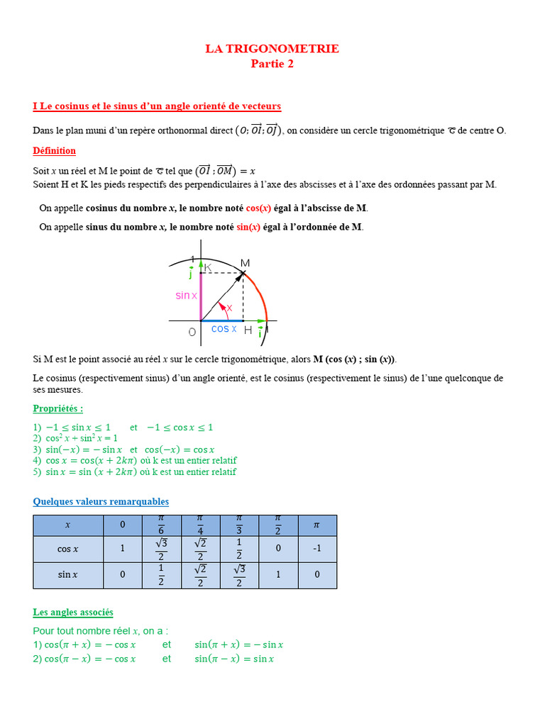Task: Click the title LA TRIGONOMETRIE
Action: click(x=272, y=49)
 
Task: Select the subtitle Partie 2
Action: click(x=272, y=64)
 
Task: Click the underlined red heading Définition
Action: click(x=54, y=151)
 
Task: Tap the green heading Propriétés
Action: click(x=57, y=408)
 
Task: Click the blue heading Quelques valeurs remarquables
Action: click(x=101, y=502)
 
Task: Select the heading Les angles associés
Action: click(x=73, y=612)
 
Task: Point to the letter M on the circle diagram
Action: click(x=245, y=263)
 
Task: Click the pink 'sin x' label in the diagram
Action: click(x=187, y=296)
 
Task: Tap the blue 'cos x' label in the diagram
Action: click(x=224, y=329)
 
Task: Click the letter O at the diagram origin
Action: click(x=192, y=332)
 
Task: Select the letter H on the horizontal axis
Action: click(x=248, y=330)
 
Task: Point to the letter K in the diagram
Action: click(x=208, y=267)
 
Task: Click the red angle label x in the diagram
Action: click(x=229, y=308)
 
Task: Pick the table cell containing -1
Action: click(x=316, y=549)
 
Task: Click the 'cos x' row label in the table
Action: click(x=68, y=549)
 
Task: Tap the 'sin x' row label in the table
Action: click(x=68, y=575)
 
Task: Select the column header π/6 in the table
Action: click(x=161, y=525)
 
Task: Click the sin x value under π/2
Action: click(x=278, y=575)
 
